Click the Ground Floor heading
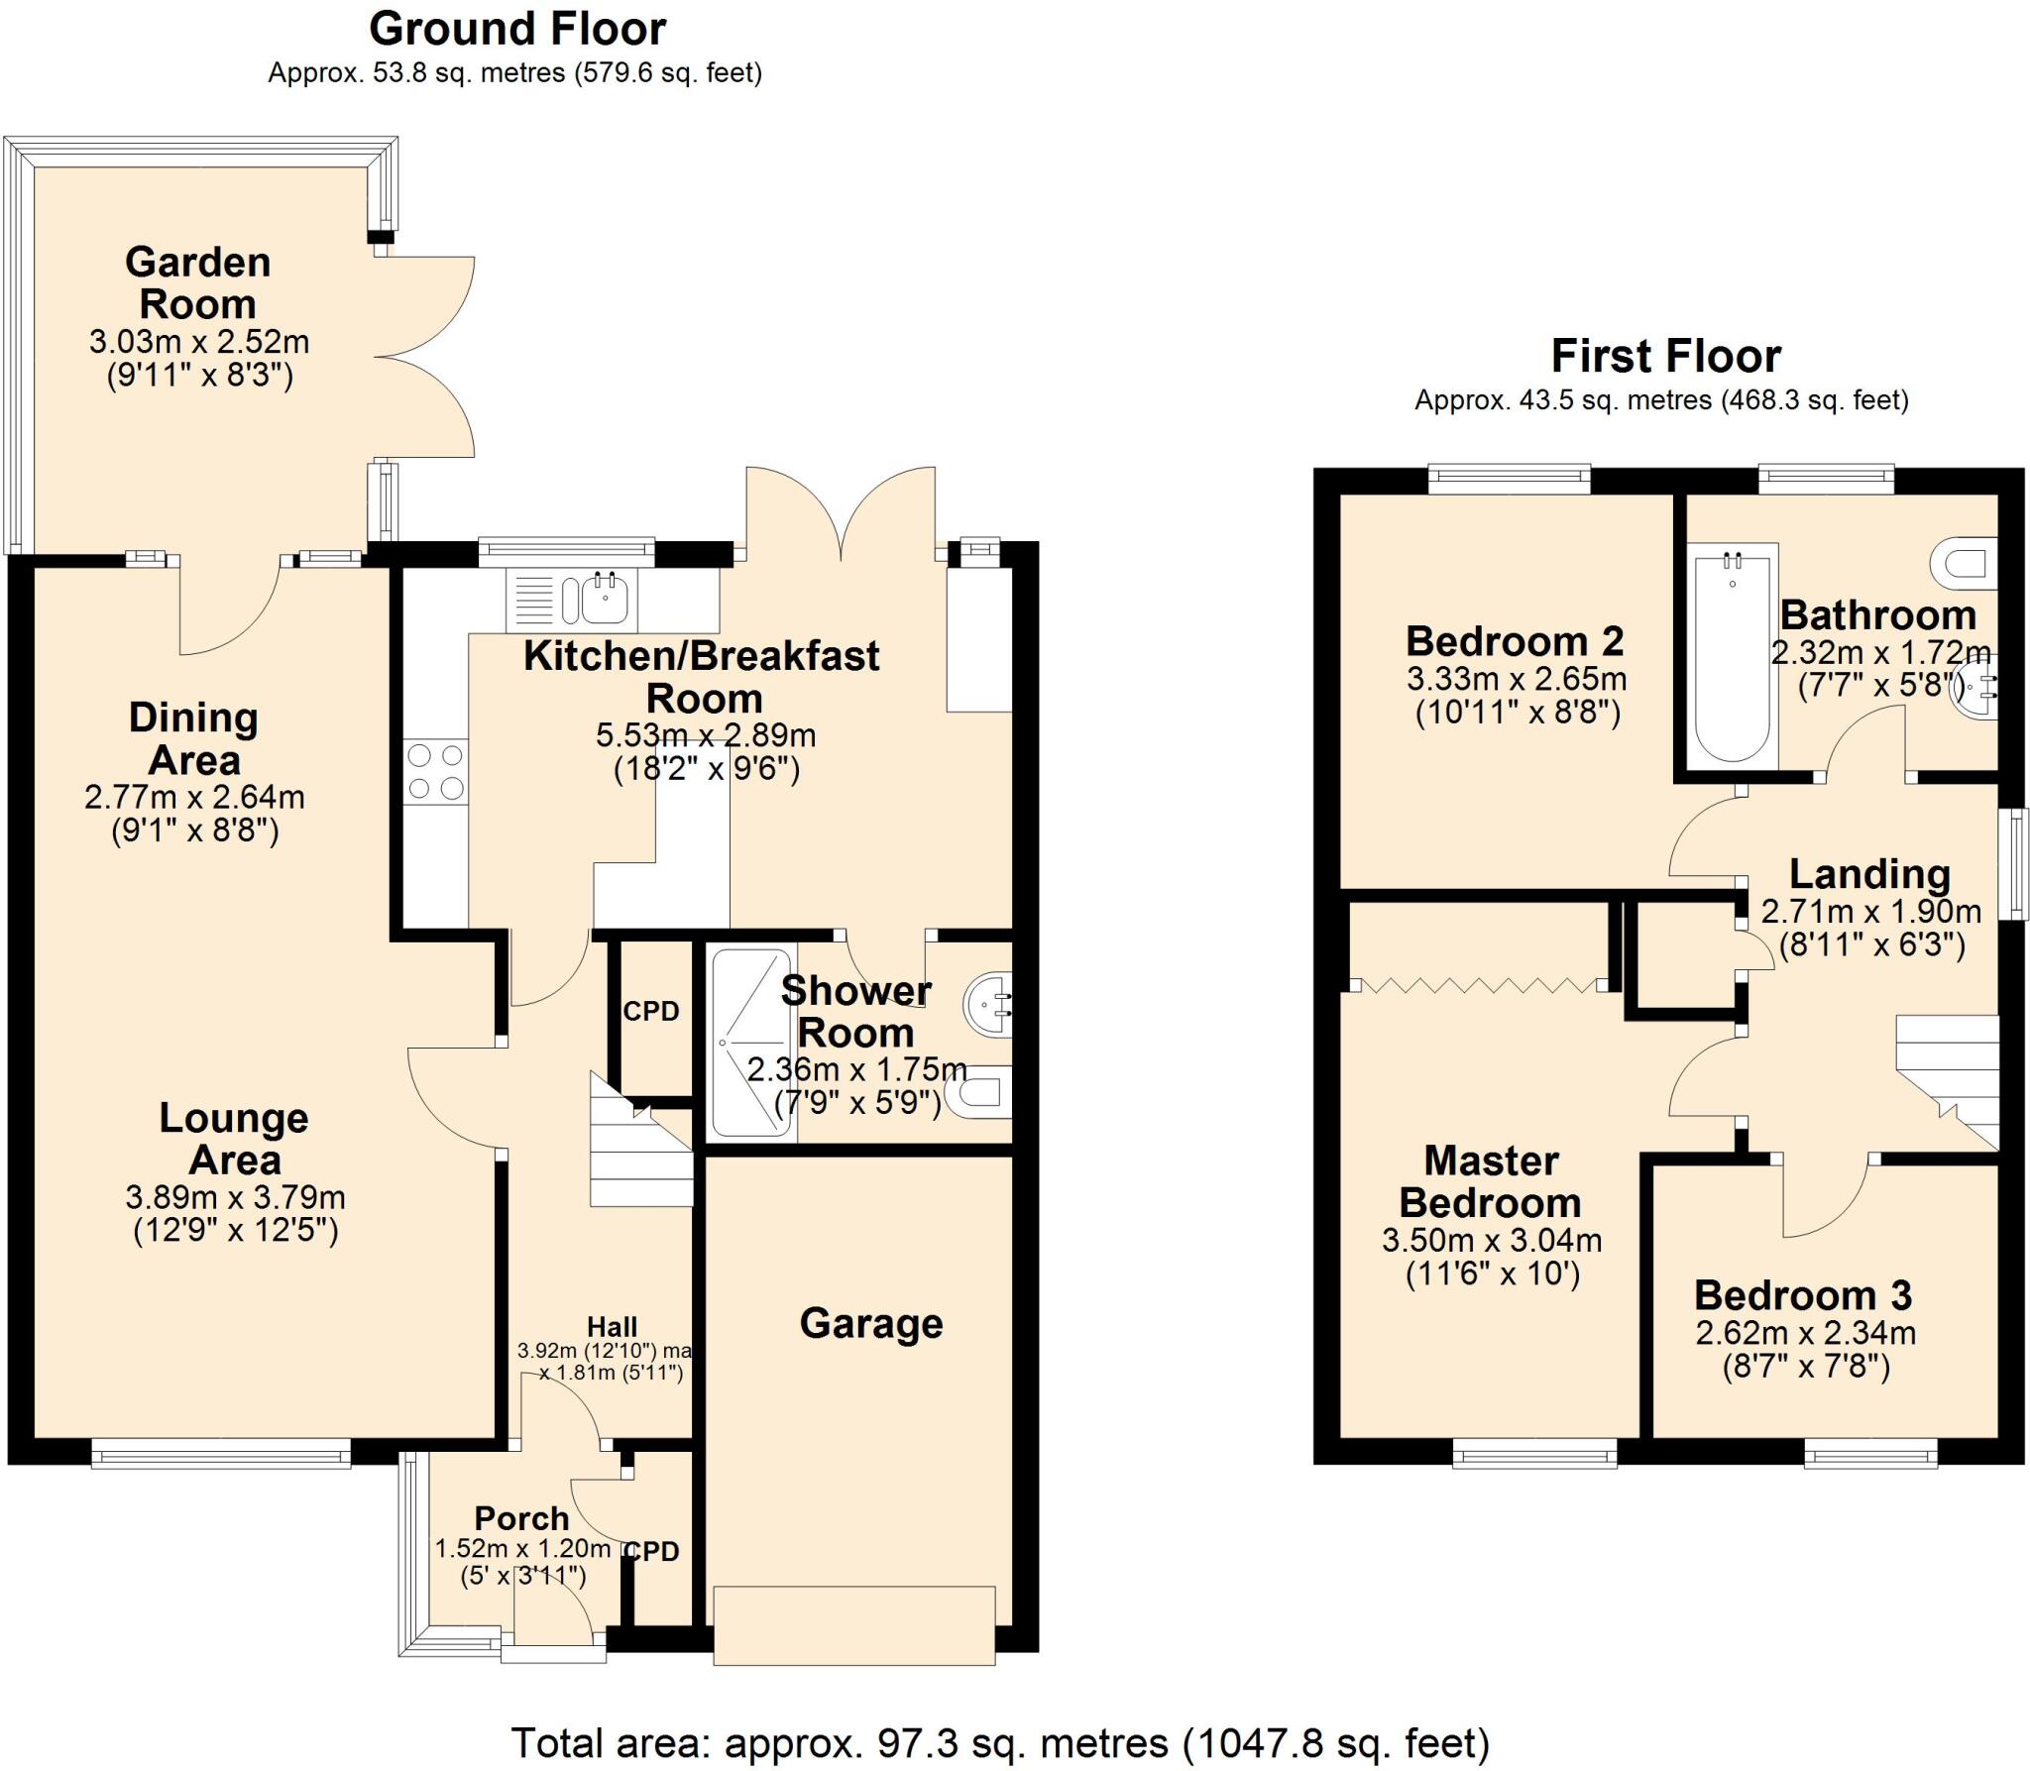click(x=516, y=30)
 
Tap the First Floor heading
click(x=1665, y=356)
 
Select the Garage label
click(x=871, y=1323)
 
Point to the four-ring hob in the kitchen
click(x=436, y=771)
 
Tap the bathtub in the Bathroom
click(x=1732, y=656)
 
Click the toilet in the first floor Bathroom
click(x=1964, y=564)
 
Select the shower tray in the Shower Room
click(x=751, y=1043)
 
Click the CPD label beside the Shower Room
click(x=651, y=1011)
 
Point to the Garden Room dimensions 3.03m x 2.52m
click(x=199, y=342)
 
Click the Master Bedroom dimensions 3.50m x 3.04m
click(x=1492, y=1240)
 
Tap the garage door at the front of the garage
click(x=853, y=1625)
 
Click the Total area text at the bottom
click(x=1000, y=1742)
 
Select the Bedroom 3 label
click(x=1802, y=1295)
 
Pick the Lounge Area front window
click(x=221, y=1456)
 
